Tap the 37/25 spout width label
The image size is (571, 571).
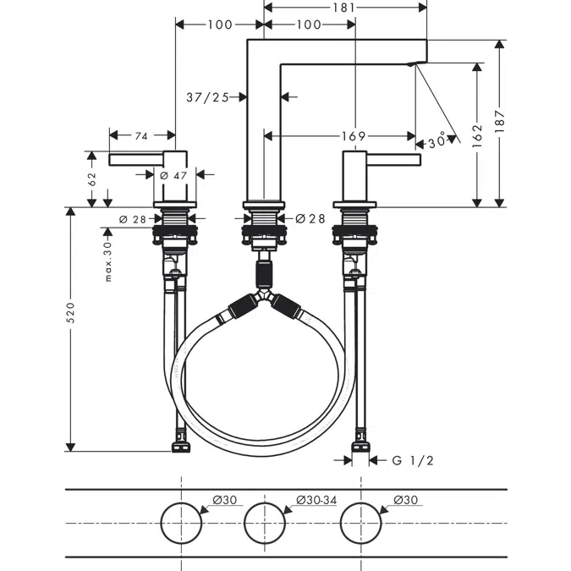[x=208, y=97]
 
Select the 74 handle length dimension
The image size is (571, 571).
[x=141, y=135]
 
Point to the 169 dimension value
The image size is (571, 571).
[x=354, y=135]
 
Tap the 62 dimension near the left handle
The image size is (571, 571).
[x=92, y=178]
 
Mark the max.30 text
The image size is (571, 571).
[x=108, y=259]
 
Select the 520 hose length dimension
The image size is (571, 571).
[x=71, y=312]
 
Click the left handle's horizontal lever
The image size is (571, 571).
[x=135, y=159]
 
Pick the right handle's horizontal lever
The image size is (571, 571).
[x=393, y=159]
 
